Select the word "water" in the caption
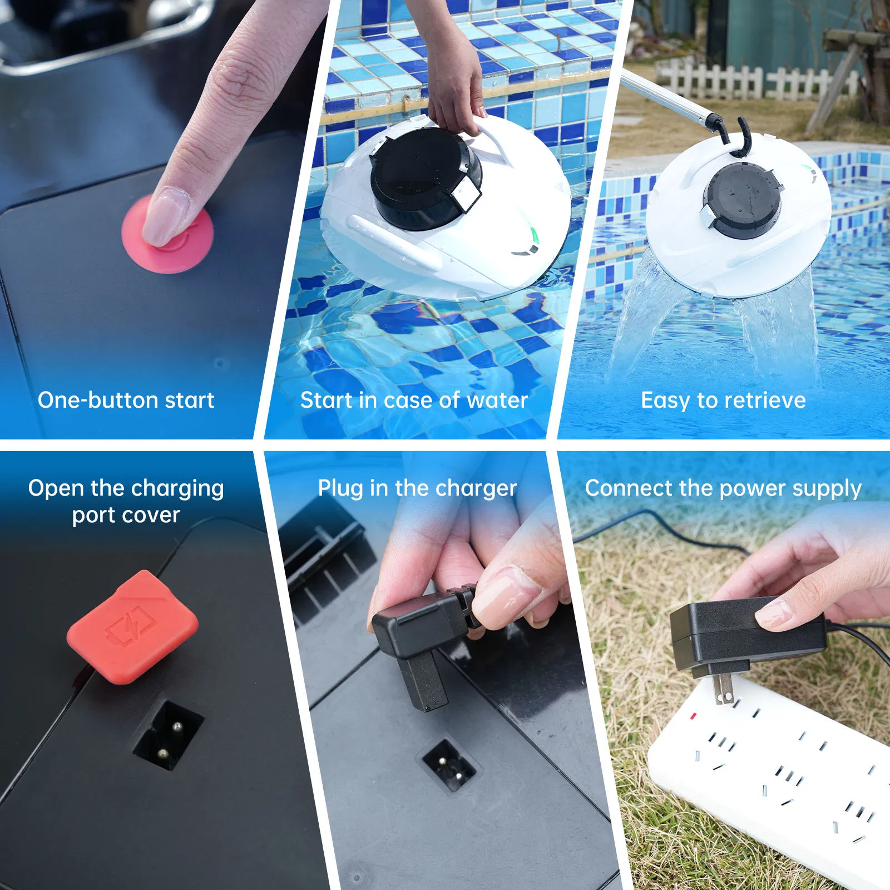(497, 400)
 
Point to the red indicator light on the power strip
(693, 716)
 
